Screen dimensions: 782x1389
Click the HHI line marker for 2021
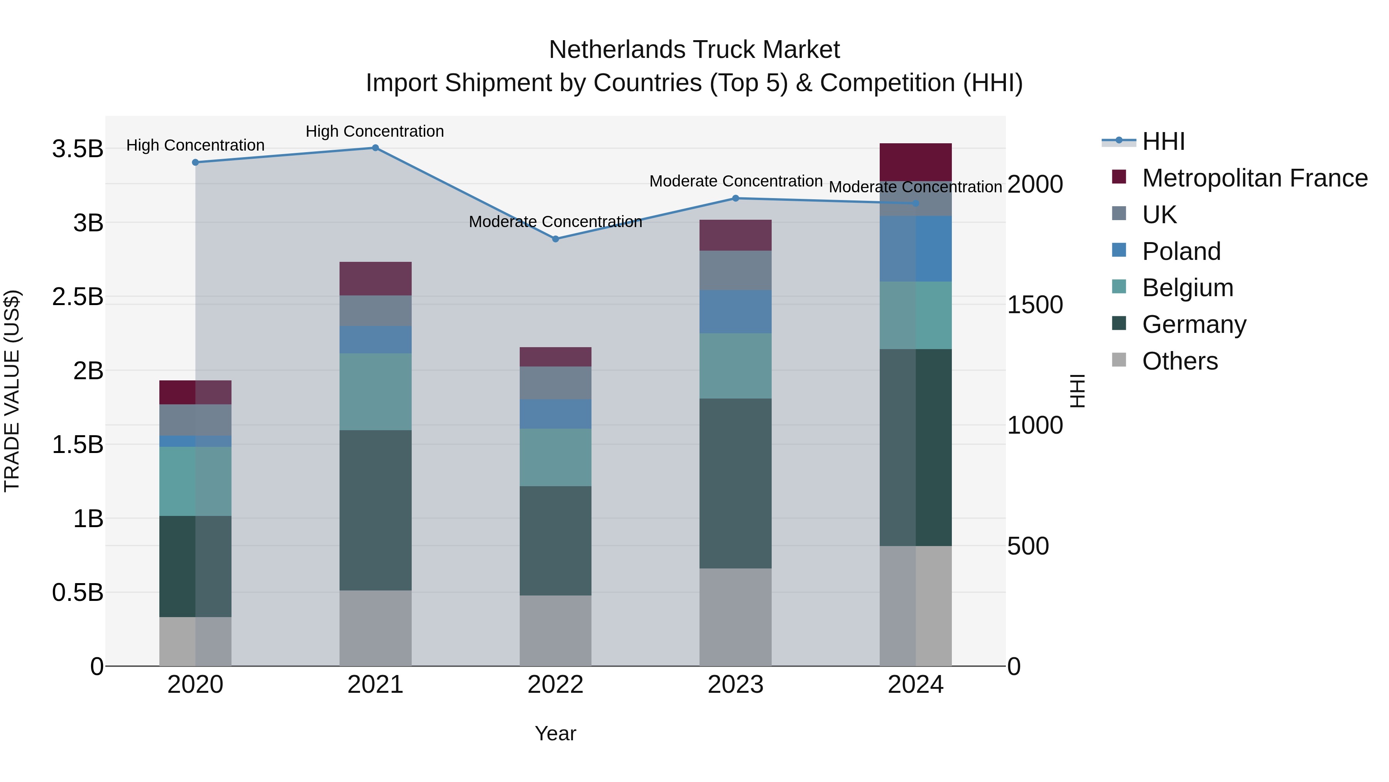click(x=375, y=148)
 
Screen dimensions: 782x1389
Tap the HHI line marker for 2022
click(x=555, y=239)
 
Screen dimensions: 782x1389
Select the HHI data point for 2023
click(x=735, y=198)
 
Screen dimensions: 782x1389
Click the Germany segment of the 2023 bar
click(x=735, y=483)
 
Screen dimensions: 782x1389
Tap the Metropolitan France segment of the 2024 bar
click(x=916, y=162)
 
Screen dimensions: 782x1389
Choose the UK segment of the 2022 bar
click(x=555, y=383)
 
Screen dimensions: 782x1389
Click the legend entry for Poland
click(x=1181, y=251)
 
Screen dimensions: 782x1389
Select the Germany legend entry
click(x=1194, y=324)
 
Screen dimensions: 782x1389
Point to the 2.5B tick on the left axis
click(x=78, y=297)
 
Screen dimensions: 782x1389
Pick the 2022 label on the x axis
click(x=555, y=685)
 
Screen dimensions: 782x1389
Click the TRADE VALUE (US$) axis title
click(x=12, y=391)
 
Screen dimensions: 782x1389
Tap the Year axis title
click(x=555, y=733)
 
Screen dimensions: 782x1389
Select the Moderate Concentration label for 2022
click(x=555, y=222)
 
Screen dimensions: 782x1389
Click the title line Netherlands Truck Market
click(x=694, y=50)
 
